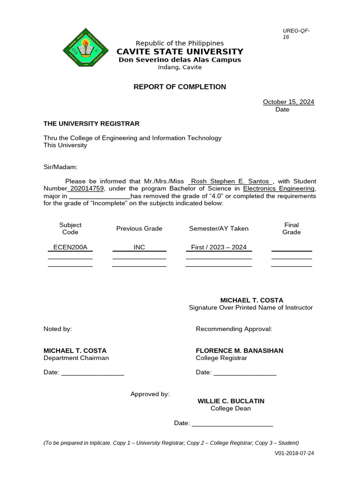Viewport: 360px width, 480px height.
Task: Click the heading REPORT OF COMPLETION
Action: pyautogui.click(x=180, y=87)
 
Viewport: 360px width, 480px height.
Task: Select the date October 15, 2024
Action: pyautogui.click(x=288, y=102)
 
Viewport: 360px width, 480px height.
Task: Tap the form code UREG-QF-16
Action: pyautogui.click(x=296, y=34)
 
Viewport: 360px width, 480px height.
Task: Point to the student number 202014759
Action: pyautogui.click(x=87, y=188)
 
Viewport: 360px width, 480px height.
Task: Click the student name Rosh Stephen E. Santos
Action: pyautogui.click(x=230, y=181)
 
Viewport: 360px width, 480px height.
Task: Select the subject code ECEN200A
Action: pyautogui.click(x=70, y=247)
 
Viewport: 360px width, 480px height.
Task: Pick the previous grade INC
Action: pyautogui.click(x=139, y=247)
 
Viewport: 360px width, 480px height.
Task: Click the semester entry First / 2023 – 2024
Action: pyautogui.click(x=218, y=247)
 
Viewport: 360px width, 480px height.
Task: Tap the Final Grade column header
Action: pyautogui.click(x=292, y=228)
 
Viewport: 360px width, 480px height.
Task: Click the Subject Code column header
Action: pyautogui.click(x=70, y=228)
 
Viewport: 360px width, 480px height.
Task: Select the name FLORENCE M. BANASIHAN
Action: pyautogui.click(x=239, y=351)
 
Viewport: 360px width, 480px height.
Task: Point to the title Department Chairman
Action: pyautogui.click(x=76, y=358)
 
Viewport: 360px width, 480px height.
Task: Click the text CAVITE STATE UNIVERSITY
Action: pyautogui.click(x=180, y=52)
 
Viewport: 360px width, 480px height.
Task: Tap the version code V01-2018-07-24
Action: pyautogui.click(x=294, y=453)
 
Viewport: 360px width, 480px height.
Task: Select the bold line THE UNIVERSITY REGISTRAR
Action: pyautogui.click(x=91, y=123)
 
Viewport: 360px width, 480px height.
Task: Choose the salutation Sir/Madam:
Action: pyautogui.click(x=60, y=167)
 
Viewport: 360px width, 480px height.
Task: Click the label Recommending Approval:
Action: pyautogui.click(x=233, y=329)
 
